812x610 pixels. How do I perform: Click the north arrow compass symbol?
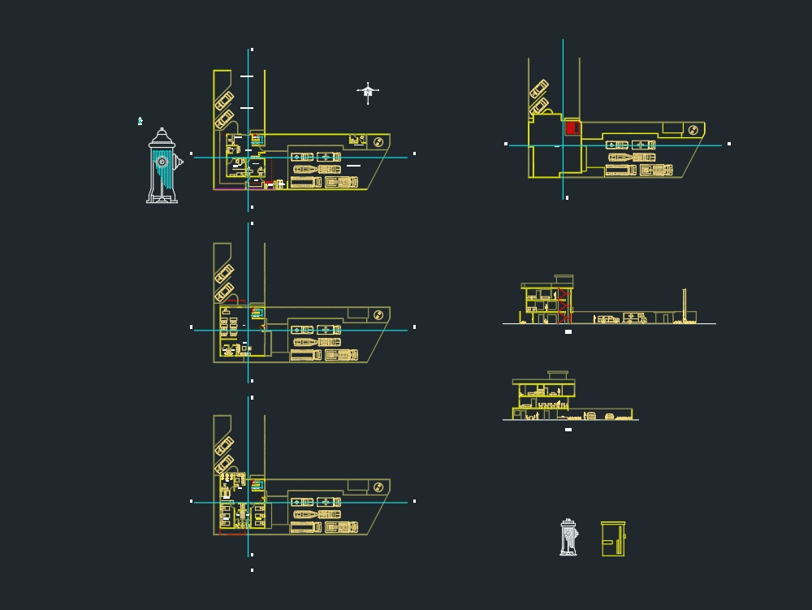[x=368, y=93]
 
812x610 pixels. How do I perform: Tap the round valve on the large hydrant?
[x=162, y=162]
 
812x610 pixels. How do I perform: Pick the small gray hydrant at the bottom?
[x=568, y=538]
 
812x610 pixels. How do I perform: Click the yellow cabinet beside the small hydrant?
[x=613, y=539]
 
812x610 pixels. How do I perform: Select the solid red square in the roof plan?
[x=572, y=128]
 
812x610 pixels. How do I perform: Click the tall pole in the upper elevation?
[x=685, y=305]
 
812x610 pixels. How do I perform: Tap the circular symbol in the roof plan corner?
[x=693, y=130]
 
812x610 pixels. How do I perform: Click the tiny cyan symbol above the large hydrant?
[x=140, y=121]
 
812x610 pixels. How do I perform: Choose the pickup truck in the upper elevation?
[x=607, y=319]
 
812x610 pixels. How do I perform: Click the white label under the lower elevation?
[x=568, y=429]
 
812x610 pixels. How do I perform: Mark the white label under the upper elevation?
[x=568, y=331]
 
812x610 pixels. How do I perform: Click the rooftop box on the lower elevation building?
[x=558, y=375]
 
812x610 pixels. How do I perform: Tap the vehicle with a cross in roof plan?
[x=644, y=145]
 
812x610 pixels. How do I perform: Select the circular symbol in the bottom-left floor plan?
[x=378, y=487]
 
